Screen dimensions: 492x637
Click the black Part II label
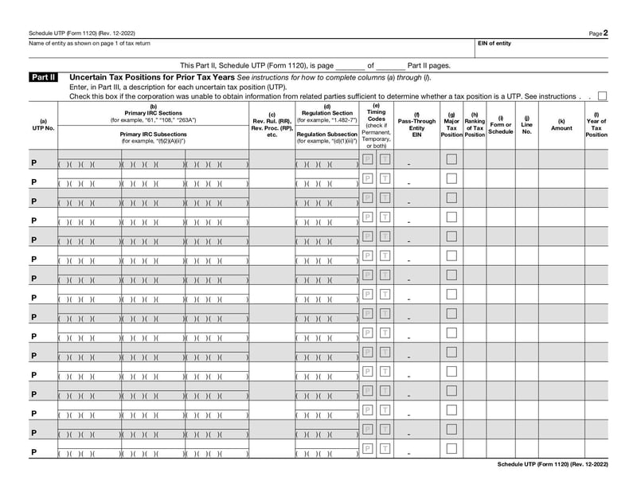click(x=43, y=77)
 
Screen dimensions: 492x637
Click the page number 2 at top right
click(x=605, y=33)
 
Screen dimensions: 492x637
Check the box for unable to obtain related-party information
click(x=602, y=96)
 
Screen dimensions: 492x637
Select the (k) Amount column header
click(x=561, y=124)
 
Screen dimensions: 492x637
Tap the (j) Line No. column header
click(x=526, y=124)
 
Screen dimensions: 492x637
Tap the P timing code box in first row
click(x=368, y=159)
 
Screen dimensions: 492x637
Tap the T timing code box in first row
click(x=385, y=159)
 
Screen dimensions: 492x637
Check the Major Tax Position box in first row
click(x=451, y=159)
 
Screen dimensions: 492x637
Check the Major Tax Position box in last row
click(x=451, y=448)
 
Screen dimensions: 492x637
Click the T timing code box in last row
click(x=385, y=448)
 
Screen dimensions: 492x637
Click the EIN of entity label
click(x=494, y=43)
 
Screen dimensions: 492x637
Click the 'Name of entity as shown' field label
click(x=88, y=43)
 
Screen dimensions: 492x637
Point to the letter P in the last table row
click(x=34, y=452)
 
